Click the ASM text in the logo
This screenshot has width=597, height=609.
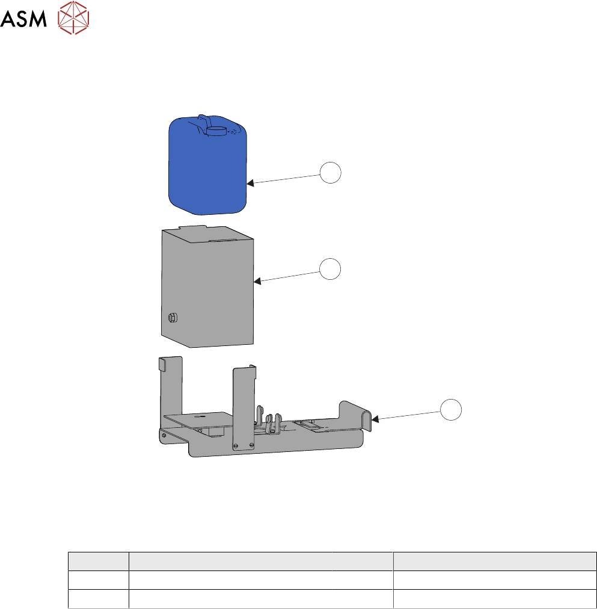pos(23,18)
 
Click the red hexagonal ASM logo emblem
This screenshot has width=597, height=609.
pos(73,18)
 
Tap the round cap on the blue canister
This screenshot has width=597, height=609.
pos(216,131)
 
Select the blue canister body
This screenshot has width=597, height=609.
pos(207,165)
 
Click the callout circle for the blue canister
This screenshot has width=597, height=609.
pos(330,173)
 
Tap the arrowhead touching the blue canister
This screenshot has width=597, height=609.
pos(251,182)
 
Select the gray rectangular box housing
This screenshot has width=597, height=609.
pos(207,286)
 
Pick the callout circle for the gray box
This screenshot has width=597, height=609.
pos(330,269)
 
